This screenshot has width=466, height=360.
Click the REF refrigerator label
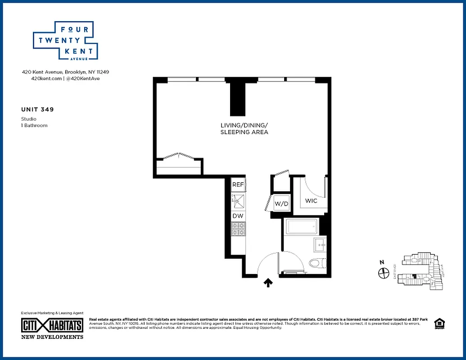pyautogui.click(x=238, y=184)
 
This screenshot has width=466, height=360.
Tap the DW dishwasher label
pyautogui.click(x=238, y=216)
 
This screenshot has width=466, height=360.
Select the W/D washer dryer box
pyautogui.click(x=282, y=203)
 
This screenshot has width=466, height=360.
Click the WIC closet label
pyautogui.click(x=311, y=201)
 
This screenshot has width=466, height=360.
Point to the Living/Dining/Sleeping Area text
pyautogui.click(x=244, y=128)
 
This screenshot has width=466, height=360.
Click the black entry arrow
pyautogui.click(x=268, y=283)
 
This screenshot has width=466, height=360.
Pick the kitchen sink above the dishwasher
pyautogui.click(x=238, y=201)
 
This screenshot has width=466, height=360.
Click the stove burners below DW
pyautogui.click(x=238, y=229)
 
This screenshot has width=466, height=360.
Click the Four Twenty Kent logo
pyautogui.click(x=65, y=40)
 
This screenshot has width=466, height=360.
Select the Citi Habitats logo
pyautogui.click(x=52, y=325)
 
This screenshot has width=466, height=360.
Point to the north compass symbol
pyautogui.click(x=384, y=273)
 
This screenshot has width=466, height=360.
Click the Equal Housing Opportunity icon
pyautogui.click(x=439, y=324)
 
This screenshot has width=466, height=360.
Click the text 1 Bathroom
pyautogui.click(x=34, y=126)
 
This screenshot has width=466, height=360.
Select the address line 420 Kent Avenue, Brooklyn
pyautogui.click(x=66, y=72)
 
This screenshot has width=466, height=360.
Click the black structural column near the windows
pyautogui.click(x=238, y=99)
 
